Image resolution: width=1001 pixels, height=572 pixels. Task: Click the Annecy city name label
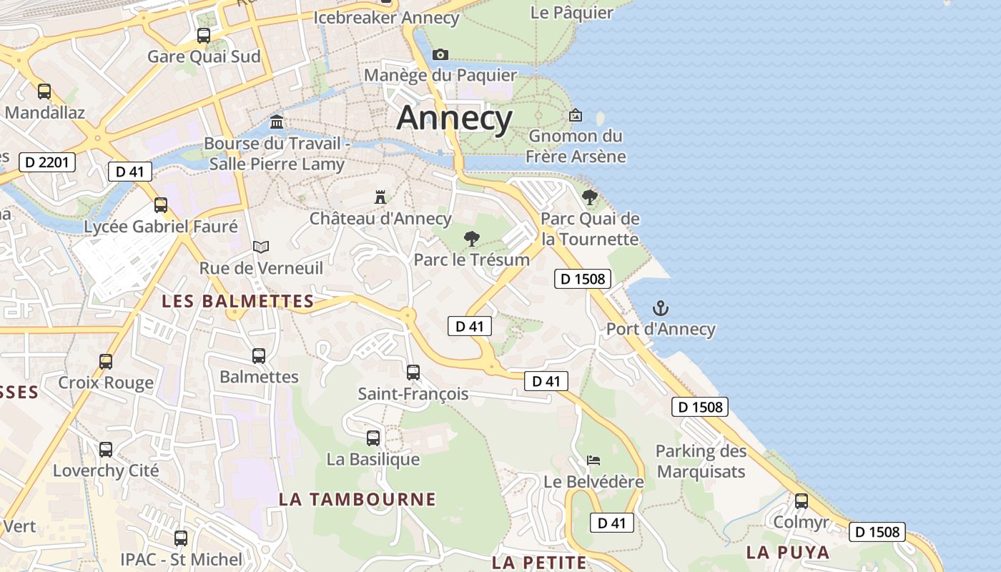pos(454,118)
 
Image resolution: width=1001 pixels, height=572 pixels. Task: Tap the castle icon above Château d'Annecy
pos(380,197)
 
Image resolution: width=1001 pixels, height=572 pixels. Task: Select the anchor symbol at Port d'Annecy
pos(661,308)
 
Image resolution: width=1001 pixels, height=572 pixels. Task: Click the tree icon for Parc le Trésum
pos(471,239)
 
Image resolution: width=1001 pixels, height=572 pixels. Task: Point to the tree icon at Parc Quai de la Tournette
pos(589,197)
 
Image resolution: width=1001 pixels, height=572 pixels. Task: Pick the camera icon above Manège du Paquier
pos(440,54)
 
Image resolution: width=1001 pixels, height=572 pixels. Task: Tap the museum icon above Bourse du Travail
pos(277,122)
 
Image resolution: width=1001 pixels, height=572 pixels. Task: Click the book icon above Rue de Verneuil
pos(261,247)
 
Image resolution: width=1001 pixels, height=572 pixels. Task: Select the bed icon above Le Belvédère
pos(593,460)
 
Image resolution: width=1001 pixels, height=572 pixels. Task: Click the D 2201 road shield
pos(46,162)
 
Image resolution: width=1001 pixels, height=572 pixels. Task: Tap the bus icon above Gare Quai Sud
pos(204,35)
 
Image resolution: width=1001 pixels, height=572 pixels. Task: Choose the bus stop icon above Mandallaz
pos(44,91)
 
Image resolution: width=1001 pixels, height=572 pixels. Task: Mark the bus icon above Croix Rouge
pos(106,361)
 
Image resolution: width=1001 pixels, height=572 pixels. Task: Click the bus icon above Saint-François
pos(413,372)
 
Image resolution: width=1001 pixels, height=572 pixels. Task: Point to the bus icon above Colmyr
pos(802,500)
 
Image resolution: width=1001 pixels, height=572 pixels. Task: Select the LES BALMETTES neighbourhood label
pos(238,301)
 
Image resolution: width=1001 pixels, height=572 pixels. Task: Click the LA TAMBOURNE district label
pos(357,499)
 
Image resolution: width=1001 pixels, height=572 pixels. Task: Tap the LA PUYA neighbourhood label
pos(788,552)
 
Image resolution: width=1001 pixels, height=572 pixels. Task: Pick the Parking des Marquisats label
pos(701,461)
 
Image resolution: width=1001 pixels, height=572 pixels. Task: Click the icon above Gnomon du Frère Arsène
pos(576,114)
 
